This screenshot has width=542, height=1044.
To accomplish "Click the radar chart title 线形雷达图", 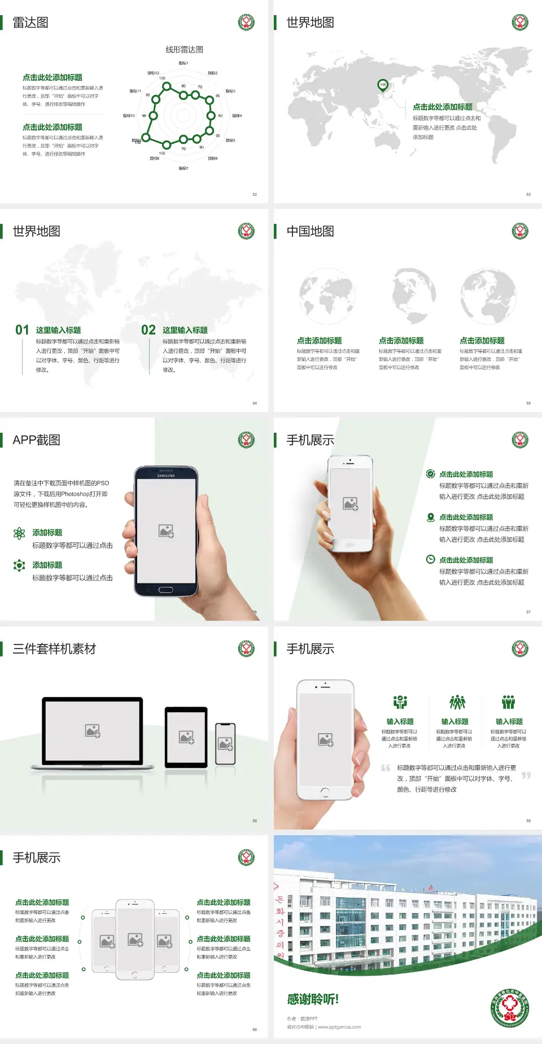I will [184, 50].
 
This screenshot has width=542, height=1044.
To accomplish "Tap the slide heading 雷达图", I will [30, 23].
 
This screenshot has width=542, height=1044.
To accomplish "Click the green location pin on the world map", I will [382, 85].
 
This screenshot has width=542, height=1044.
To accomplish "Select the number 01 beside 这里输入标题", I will [22, 330].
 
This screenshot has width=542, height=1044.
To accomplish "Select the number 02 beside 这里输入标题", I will [148, 330].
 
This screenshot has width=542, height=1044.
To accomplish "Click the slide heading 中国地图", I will [310, 231].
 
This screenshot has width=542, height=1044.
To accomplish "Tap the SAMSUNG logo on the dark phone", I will [166, 476].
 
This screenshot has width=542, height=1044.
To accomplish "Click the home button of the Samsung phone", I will [165, 590].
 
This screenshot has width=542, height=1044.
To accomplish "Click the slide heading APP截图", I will [36, 440].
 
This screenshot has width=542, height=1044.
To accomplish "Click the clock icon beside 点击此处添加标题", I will [430, 559].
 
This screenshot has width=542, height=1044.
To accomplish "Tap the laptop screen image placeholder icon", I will [93, 731].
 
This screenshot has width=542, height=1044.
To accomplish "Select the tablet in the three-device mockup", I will [186, 737].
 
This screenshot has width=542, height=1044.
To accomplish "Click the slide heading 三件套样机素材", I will [54, 649].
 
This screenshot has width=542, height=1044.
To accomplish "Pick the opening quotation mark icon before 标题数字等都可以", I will [386, 768].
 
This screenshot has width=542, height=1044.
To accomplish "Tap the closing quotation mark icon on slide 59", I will [526, 775].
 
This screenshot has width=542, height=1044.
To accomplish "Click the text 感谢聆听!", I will [313, 999].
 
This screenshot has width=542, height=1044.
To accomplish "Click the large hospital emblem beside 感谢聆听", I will [509, 1008].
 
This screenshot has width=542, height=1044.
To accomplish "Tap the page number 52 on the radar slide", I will [255, 194].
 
